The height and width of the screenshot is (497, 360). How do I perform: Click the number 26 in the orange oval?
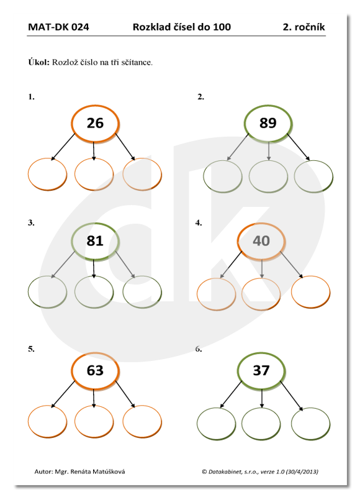pyautogui.click(x=95, y=123)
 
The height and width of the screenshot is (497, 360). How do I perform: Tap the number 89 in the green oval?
pyautogui.click(x=268, y=123)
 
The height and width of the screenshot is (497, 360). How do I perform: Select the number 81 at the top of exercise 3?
pyautogui.click(x=95, y=241)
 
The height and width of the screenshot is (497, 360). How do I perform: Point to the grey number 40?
pyautogui.click(x=261, y=241)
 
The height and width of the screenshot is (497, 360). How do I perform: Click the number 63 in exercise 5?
pyautogui.click(x=95, y=370)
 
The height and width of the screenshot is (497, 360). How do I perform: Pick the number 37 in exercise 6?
pyautogui.click(x=261, y=370)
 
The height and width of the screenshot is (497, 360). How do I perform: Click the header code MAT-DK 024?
pyautogui.click(x=58, y=27)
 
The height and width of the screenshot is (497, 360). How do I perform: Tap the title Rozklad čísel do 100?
pyautogui.click(x=182, y=27)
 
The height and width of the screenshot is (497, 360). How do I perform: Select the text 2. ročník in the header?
pyautogui.click(x=304, y=27)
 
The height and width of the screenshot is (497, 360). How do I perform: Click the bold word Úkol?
pyautogui.click(x=39, y=62)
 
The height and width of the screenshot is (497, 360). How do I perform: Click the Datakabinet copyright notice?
pyautogui.click(x=260, y=472)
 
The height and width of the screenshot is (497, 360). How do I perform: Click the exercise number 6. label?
pyautogui.click(x=199, y=349)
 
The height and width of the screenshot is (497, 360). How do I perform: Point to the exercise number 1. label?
pyautogui.click(x=32, y=97)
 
